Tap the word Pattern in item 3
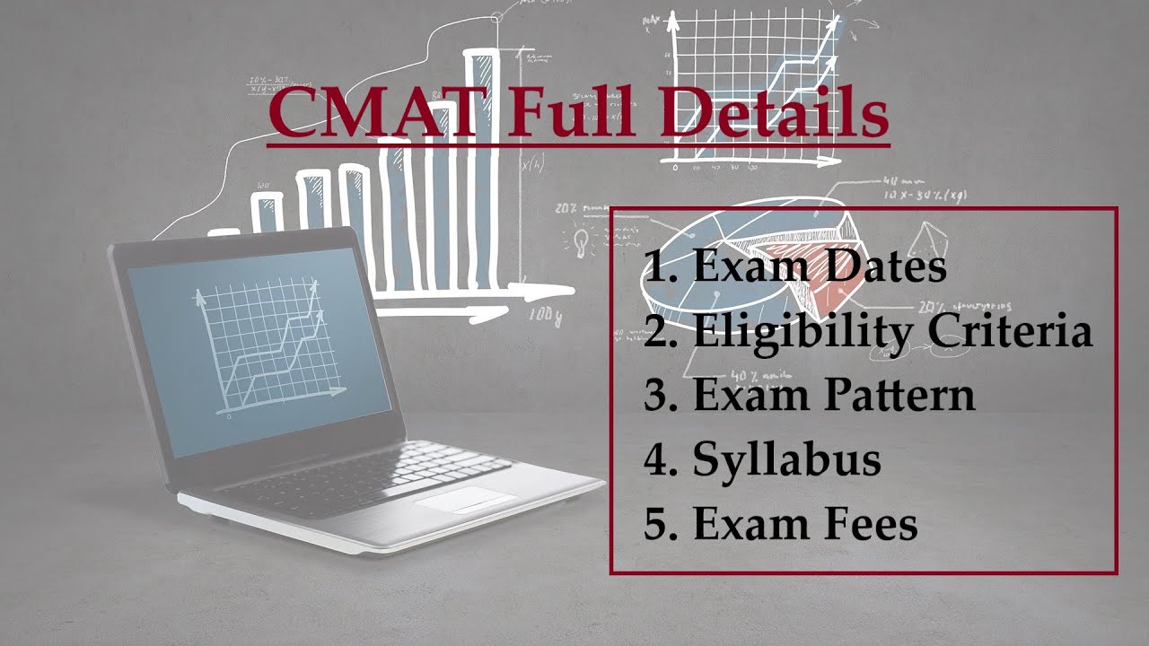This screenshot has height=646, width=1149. pos(900,395)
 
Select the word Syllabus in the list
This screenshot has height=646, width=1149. pos(786,460)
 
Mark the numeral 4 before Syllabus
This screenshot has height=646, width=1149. pos(655,460)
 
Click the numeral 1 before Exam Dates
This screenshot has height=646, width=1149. pos(655,266)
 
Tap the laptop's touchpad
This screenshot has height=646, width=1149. pos(465,499)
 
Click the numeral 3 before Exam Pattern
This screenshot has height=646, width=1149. pos(655,396)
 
